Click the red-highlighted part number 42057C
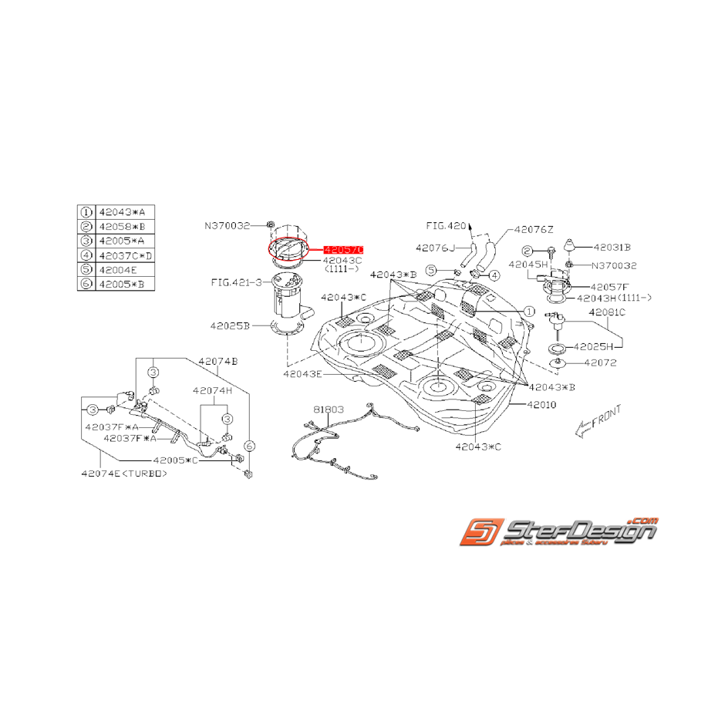pos(342,250)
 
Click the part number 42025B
pos(230,326)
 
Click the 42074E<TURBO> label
pos(123,475)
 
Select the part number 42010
pos(541,404)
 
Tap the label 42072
pos(599,362)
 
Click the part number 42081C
pos(607,312)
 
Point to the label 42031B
pos(612,248)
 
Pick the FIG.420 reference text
pos(447,226)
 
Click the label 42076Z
pos(534,229)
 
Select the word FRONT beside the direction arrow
pos(608,416)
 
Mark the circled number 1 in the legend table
pos(86,211)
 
